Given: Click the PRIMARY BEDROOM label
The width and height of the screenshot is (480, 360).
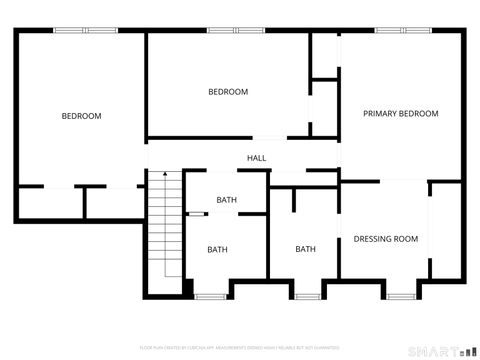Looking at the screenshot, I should coord(400,114).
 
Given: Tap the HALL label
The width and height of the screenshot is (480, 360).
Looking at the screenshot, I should coord(257,158).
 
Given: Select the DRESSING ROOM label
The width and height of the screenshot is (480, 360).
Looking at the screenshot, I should coord(385,239).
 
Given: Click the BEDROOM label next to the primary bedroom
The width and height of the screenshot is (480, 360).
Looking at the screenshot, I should coord(228,92).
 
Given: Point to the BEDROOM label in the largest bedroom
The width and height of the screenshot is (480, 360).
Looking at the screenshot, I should coord(81,116).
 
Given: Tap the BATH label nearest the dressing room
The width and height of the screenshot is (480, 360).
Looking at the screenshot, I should coord(305,249).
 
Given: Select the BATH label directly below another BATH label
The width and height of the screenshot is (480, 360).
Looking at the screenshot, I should coord(217,249).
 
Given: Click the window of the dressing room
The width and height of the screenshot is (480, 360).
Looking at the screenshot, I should coord(402,296).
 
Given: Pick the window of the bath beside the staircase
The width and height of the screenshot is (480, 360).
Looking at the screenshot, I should coord(210,296).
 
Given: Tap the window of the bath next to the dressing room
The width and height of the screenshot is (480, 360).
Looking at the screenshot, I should coord(307,296).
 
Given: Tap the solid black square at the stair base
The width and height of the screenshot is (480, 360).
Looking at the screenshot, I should coord(187,289).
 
